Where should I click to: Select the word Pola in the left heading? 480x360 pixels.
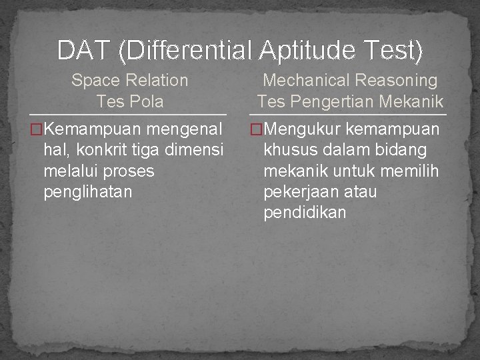click(x=148, y=102)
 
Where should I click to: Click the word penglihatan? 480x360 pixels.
click(x=87, y=193)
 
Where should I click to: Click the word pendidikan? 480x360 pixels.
click(x=305, y=213)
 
